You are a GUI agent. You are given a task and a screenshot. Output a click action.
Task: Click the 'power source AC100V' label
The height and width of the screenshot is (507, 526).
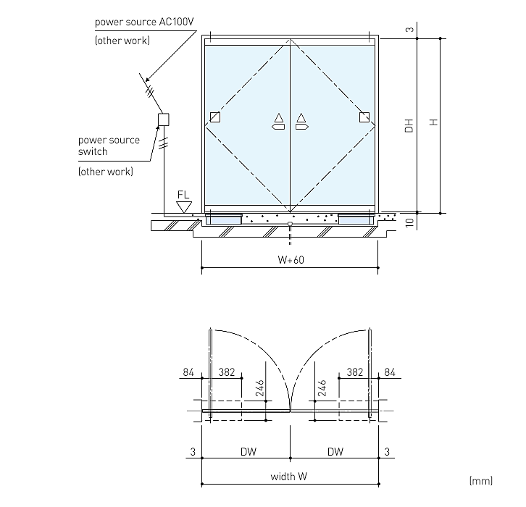[144, 22]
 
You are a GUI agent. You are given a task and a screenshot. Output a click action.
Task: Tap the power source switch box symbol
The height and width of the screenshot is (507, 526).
[164, 120]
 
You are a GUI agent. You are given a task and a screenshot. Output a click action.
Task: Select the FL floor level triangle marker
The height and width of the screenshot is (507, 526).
[184, 207]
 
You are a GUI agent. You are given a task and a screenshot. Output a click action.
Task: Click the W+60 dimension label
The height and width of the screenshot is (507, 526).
[291, 260]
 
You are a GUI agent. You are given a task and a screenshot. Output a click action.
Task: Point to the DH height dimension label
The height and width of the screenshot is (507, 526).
[409, 126]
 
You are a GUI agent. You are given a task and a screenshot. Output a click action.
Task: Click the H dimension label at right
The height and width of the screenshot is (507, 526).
[433, 122]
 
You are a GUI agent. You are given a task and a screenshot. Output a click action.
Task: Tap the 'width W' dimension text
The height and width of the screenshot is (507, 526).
[288, 477]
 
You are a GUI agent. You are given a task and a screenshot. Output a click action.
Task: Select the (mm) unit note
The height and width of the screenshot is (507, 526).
[481, 481]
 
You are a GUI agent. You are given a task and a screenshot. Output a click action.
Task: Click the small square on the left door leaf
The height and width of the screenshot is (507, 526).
[215, 117]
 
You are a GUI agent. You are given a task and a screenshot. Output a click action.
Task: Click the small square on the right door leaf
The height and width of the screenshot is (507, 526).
[364, 117]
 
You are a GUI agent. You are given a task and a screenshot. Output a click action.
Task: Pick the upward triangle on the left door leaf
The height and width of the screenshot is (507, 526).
[279, 117]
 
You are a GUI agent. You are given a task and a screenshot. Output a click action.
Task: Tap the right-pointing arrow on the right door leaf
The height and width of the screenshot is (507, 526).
[302, 127]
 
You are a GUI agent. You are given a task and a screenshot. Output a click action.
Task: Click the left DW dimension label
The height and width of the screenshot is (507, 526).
[249, 452]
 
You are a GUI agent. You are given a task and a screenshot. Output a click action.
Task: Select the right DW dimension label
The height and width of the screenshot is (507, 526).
[335, 452]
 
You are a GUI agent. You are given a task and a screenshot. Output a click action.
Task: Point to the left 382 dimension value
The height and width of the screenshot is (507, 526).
[227, 372]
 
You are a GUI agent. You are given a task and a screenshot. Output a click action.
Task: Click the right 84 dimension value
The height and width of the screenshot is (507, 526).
[390, 372]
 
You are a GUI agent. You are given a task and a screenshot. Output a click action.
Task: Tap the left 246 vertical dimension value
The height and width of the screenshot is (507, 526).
[260, 388]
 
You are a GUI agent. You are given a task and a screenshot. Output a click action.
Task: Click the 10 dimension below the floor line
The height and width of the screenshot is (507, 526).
[409, 222]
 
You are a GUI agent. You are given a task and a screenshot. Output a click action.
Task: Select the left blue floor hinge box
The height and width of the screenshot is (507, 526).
[224, 219]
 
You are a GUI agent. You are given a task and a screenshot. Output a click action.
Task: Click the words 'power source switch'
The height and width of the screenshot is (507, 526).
[109, 146]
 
